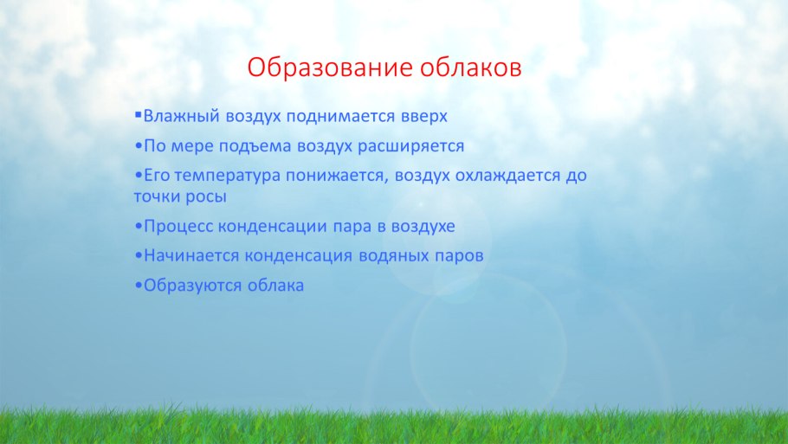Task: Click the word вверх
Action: click(424, 116)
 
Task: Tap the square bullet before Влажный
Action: click(139, 113)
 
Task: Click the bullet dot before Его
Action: click(139, 176)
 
